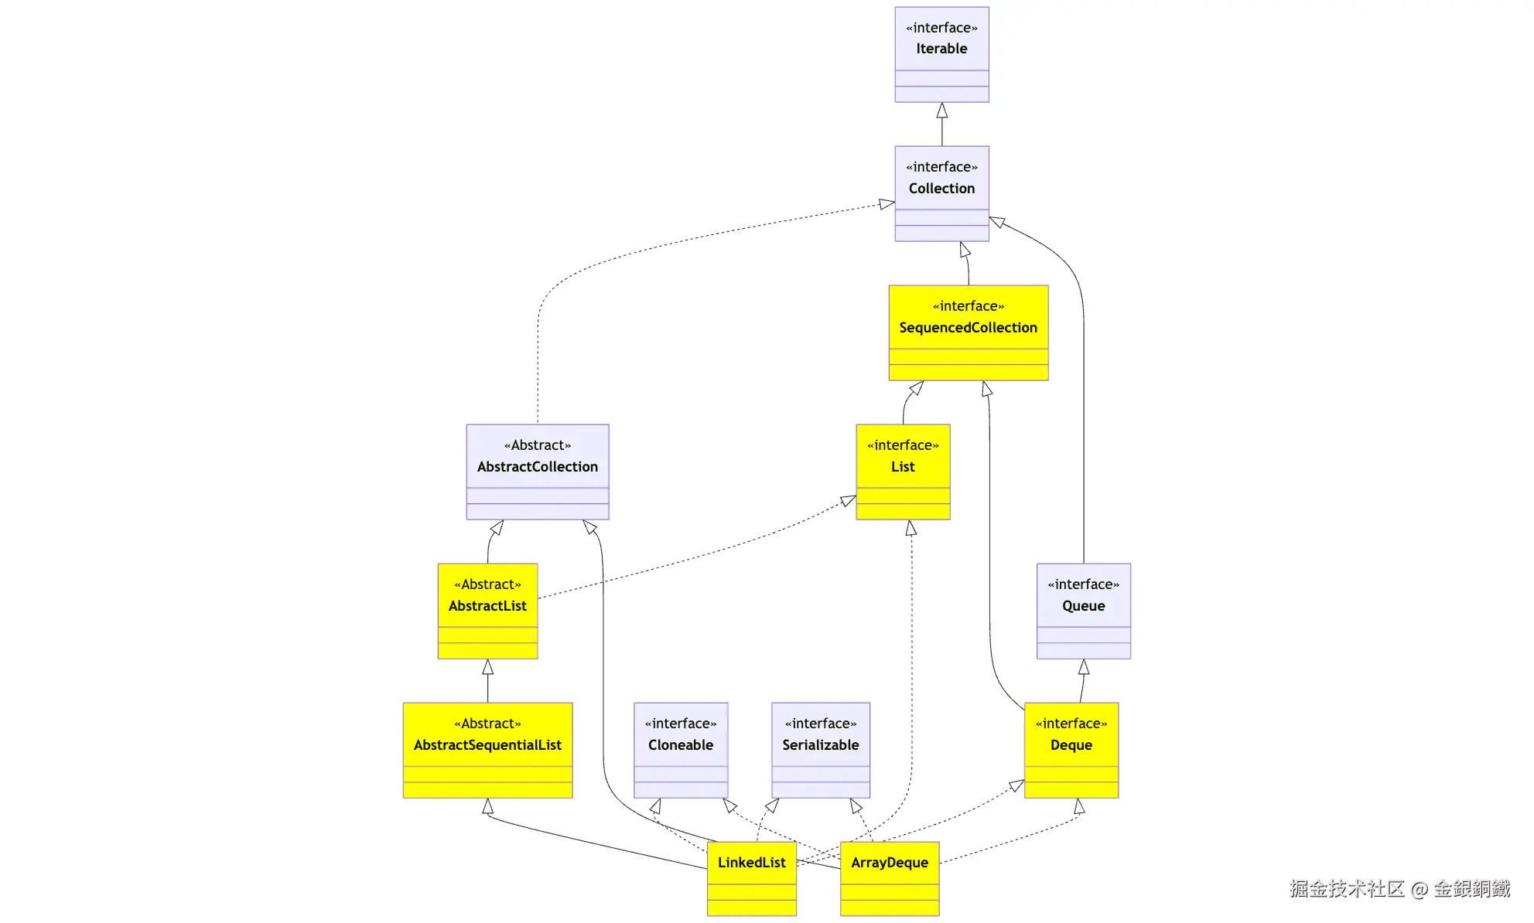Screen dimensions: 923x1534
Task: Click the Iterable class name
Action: tap(941, 49)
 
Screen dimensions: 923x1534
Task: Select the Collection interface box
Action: tap(941, 193)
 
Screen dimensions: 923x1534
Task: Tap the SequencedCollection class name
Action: tap(968, 328)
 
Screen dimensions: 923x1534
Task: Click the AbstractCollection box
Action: tap(537, 472)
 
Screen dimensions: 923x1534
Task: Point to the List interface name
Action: tap(903, 467)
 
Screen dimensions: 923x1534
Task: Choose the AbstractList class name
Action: tap(487, 606)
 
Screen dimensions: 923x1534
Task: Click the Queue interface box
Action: tap(1083, 611)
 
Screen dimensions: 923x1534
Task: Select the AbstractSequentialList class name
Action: tap(487, 745)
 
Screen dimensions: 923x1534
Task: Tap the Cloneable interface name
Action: tap(681, 745)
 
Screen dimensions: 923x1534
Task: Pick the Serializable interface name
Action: tap(820, 745)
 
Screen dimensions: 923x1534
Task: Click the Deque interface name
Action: tap(1071, 745)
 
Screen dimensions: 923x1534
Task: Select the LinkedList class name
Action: tap(751, 863)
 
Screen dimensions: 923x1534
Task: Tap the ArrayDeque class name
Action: tap(890, 863)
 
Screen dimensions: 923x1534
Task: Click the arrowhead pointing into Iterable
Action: tap(941, 111)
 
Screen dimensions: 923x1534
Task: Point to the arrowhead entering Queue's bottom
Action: tap(1084, 667)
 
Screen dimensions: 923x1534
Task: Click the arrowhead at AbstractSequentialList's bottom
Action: tap(487, 806)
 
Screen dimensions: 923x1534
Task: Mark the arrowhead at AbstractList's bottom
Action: tap(487, 667)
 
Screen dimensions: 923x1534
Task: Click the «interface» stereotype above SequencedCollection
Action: tap(968, 306)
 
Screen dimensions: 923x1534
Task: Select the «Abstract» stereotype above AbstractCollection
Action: tap(537, 445)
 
